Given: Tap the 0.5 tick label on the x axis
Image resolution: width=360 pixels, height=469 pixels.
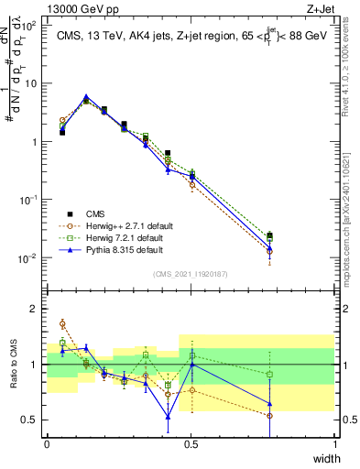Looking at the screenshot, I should [x=191, y=443].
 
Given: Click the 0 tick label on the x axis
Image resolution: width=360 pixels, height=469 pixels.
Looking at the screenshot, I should [x=47, y=443].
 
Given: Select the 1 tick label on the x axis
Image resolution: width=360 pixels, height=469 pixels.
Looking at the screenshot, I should [x=334, y=443].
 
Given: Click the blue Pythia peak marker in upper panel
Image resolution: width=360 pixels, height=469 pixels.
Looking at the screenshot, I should [x=86, y=96].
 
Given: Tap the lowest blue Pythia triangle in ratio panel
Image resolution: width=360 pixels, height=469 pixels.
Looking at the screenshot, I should [x=168, y=417].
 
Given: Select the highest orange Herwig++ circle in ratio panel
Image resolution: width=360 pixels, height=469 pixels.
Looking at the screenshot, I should [x=62, y=323].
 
